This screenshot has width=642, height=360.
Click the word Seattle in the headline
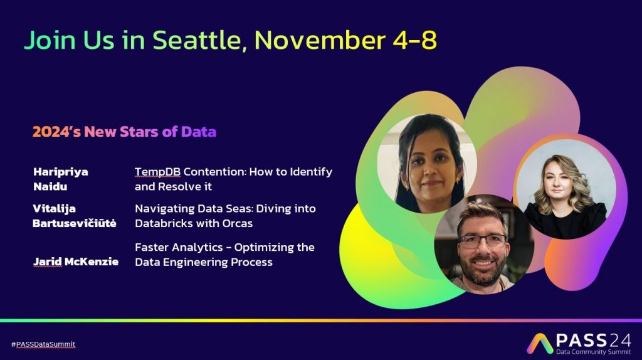(200, 40)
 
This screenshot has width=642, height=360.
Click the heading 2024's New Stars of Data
(124, 132)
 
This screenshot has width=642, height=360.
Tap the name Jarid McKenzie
(76, 262)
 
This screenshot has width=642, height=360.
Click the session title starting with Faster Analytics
(224, 255)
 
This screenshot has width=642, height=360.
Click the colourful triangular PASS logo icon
(539, 343)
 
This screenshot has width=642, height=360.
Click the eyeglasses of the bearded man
(481, 241)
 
